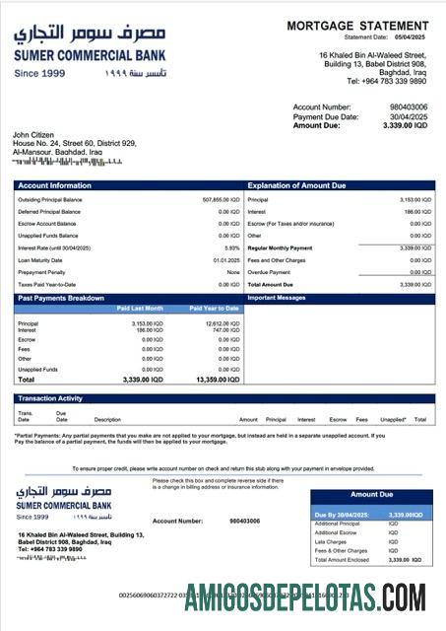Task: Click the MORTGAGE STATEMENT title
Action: click(x=357, y=26)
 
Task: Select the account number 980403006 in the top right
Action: click(x=409, y=106)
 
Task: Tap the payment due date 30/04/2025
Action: click(x=411, y=116)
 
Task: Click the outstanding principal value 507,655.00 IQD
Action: click(x=221, y=199)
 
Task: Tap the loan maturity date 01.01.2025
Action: click(x=226, y=259)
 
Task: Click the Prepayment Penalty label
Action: click(x=42, y=272)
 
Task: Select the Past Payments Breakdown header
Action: click(x=60, y=298)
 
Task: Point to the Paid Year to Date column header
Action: click(x=214, y=309)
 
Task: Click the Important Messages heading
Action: click(x=278, y=298)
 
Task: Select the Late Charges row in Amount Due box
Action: click(x=331, y=541)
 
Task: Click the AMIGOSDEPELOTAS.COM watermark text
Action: click(x=304, y=596)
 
